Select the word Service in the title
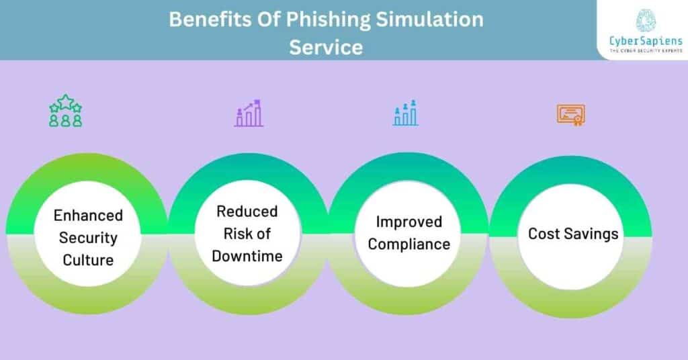tap(326, 47)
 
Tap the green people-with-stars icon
tap(65, 111)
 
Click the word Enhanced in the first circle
tap(88, 216)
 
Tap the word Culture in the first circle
tap(88, 260)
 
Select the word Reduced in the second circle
tap(247, 212)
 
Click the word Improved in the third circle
tap(408, 222)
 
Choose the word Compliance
tap(408, 244)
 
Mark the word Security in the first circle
tap(88, 238)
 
